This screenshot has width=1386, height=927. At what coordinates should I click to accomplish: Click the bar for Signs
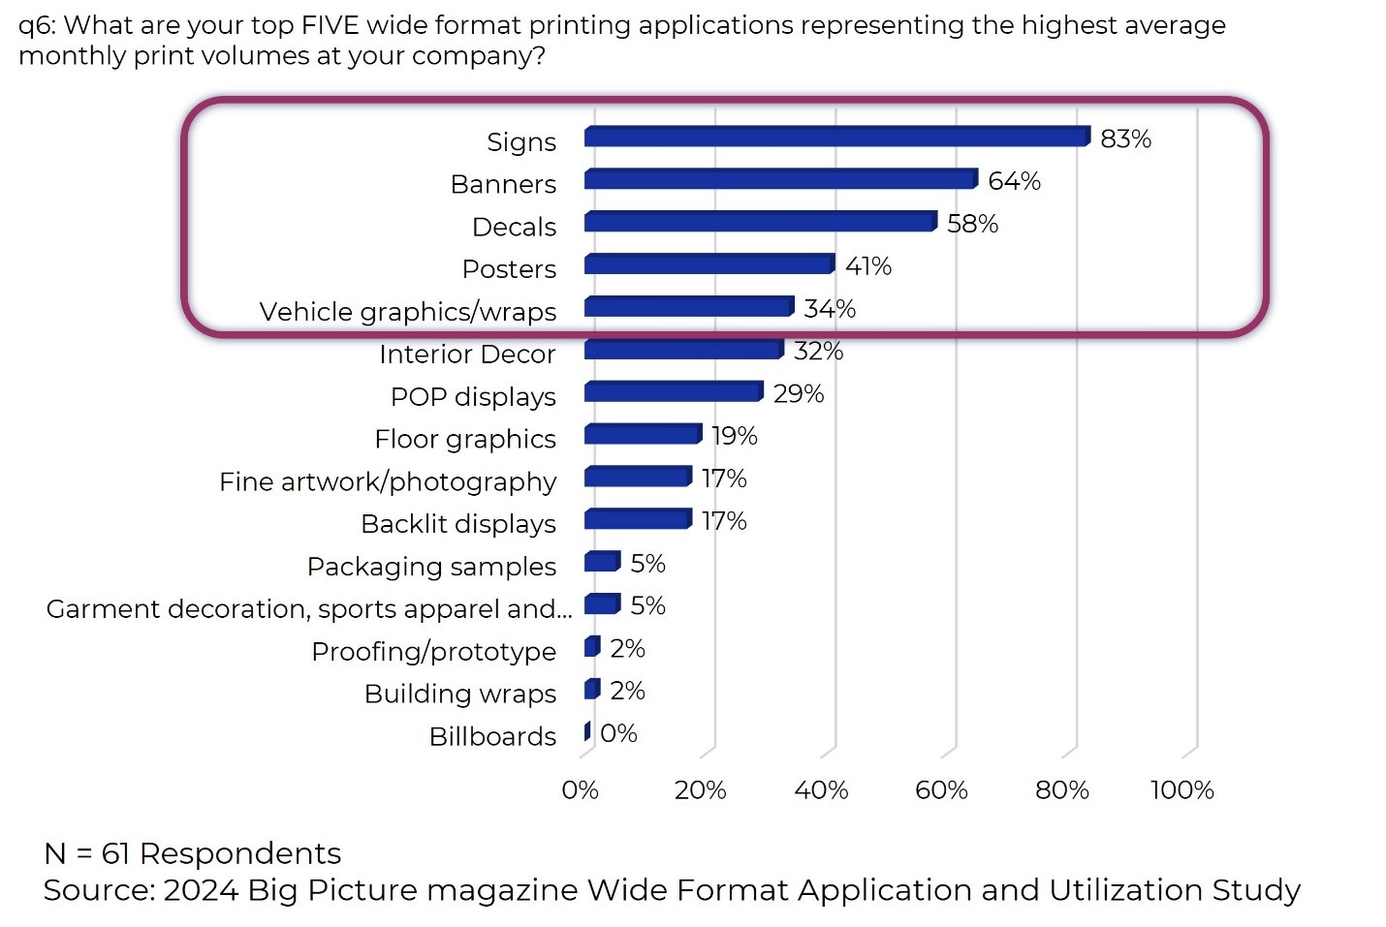coord(836,137)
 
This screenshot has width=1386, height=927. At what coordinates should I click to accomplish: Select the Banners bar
coord(780,179)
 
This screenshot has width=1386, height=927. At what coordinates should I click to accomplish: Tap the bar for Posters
coord(709,264)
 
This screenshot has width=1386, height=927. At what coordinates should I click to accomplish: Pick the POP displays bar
coord(673,391)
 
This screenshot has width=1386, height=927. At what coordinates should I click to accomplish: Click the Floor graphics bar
coord(643,434)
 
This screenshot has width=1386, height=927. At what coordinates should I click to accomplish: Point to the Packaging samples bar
coord(602,562)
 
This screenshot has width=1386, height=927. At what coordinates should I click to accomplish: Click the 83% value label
coord(1125,139)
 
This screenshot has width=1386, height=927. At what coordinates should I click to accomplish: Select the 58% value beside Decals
coord(972,224)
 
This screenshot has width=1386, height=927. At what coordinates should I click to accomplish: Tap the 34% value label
coord(830,309)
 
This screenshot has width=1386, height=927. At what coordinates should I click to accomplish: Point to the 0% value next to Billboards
coord(618,733)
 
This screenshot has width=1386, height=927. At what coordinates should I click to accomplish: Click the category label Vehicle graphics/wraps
coord(408,312)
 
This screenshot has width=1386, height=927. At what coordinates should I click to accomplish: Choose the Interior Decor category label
coord(467,355)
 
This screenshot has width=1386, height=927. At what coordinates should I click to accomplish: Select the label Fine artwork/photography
coord(388,481)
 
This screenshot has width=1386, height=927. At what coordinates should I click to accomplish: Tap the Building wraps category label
coord(460,694)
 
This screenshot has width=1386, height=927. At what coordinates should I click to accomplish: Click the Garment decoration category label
coord(309,609)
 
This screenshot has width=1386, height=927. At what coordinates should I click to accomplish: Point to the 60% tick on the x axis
coord(941,790)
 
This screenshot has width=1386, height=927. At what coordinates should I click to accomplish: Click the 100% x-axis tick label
coord(1181,790)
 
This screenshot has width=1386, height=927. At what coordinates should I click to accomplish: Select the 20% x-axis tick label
coord(700,790)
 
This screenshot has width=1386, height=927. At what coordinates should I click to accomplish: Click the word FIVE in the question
coord(331,25)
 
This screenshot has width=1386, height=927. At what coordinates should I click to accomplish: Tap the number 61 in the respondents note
coord(115,853)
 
